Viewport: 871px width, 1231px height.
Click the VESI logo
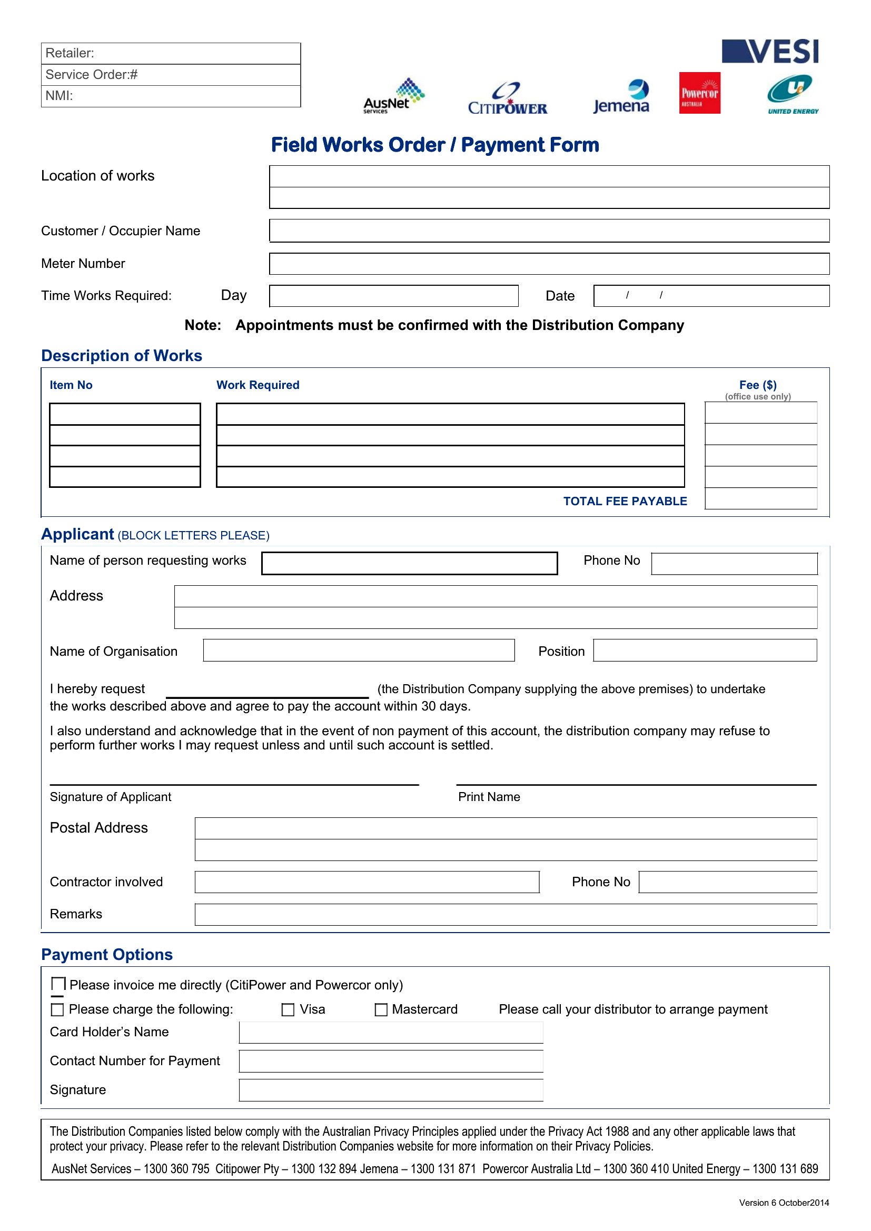pos(770,52)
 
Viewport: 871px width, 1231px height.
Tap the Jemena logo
pos(621,97)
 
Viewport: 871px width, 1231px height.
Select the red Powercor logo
pos(699,93)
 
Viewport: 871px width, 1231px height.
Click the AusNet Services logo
pos(394,96)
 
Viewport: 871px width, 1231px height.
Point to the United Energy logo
pos(792,95)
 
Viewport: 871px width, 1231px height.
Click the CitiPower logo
pos(507,99)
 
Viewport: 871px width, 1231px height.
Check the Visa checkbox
pos(288,1009)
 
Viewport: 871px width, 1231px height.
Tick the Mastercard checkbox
pos(381,1009)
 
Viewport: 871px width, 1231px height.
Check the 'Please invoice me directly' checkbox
pos(58,984)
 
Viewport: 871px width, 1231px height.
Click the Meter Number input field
pos(549,264)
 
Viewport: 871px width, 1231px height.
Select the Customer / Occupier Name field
pos(549,231)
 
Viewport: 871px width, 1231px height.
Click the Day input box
pos(393,296)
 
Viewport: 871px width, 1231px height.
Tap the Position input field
pos(705,650)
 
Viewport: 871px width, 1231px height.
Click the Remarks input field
pos(505,914)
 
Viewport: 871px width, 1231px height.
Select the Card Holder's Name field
pos(390,1032)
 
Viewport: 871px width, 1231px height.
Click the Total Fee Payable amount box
pos(760,498)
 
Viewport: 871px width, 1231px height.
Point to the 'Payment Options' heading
pos(107,954)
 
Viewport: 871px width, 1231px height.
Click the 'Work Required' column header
pos(258,385)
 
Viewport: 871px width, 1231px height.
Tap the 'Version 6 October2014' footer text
pos(784,1203)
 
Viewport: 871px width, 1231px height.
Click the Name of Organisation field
pos(358,650)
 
